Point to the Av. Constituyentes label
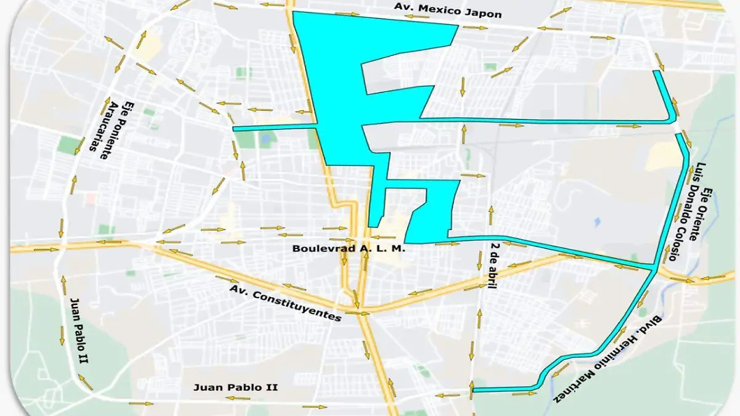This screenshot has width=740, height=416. coord(286,303)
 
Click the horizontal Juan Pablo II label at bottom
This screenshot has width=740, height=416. coord(236,388)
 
